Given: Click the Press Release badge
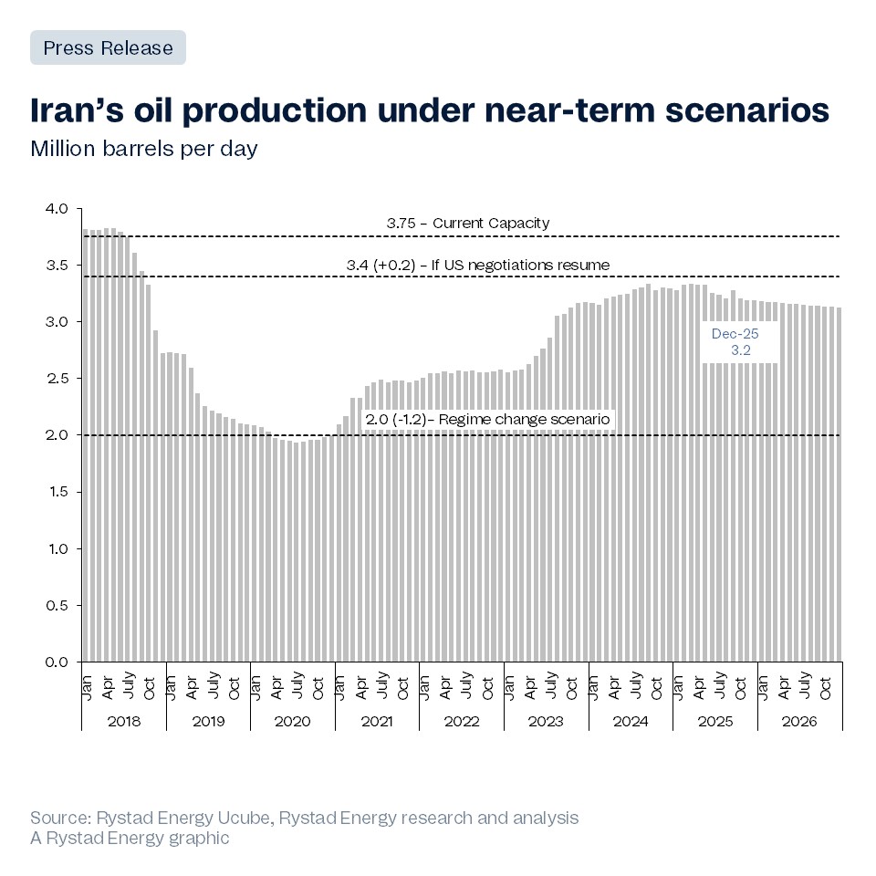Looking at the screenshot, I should (108, 47).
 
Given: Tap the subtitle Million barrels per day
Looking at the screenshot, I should (144, 148).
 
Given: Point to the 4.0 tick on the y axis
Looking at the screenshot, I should (57, 209).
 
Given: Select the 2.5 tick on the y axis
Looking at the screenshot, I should (57, 379).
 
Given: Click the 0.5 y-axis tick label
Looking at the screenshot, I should (57, 605).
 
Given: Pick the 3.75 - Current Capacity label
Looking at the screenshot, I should (468, 224).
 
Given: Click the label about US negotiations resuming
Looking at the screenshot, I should (478, 265).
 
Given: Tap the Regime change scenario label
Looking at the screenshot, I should (487, 420).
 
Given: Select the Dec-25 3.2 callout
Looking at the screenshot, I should (735, 341).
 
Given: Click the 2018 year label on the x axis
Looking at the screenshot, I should (124, 721).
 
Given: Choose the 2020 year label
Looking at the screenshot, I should (292, 721).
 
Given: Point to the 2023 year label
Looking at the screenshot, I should (546, 721).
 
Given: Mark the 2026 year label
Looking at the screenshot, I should (799, 721).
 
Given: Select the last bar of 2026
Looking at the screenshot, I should (839, 484).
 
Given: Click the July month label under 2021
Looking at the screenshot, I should (383, 686).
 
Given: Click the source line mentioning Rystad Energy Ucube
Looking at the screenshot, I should (304, 817).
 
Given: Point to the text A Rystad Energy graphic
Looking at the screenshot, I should (130, 838).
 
